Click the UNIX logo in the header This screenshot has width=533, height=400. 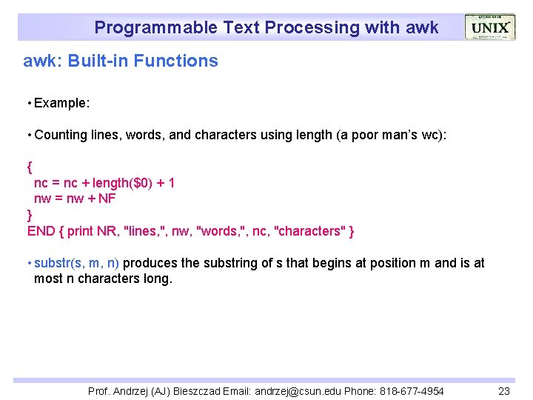pyautogui.click(x=489, y=27)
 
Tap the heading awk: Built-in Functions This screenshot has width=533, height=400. pyautogui.click(x=121, y=61)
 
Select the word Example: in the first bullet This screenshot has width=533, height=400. pyautogui.click(x=62, y=103)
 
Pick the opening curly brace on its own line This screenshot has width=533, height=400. pyautogui.click(x=30, y=167)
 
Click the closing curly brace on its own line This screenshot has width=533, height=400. pyautogui.click(x=30, y=215)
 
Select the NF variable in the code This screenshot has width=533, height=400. pyautogui.click(x=107, y=199)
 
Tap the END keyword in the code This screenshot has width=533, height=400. pyautogui.click(x=41, y=231)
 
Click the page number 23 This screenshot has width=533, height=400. pyautogui.click(x=504, y=391)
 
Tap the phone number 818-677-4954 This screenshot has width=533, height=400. pyautogui.click(x=411, y=391)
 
